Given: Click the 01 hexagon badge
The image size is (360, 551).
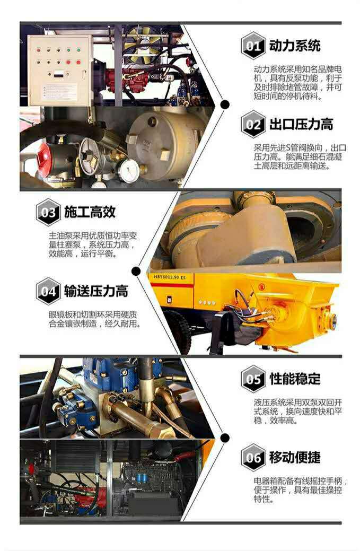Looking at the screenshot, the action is tap(253, 46).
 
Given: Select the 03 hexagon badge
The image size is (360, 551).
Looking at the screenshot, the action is tap(48, 212).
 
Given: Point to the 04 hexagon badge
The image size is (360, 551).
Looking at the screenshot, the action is tap(48, 291).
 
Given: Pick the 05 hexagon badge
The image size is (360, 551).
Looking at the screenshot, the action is tap(253, 379).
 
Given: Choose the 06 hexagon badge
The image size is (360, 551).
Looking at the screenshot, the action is tap(253, 458).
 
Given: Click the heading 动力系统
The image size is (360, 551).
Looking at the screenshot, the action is tap(295, 46).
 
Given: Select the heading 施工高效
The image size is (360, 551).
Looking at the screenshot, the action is tap(90, 212).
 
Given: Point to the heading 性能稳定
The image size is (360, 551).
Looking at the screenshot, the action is tap(295, 379).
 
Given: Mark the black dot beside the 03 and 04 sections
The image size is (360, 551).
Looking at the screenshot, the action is tap(136, 272).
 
